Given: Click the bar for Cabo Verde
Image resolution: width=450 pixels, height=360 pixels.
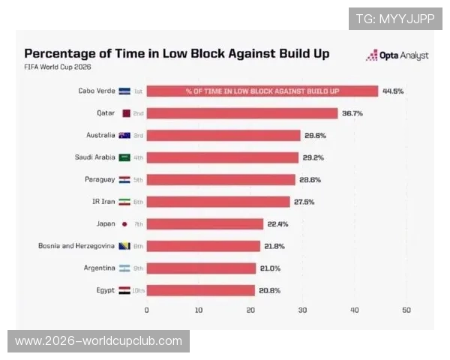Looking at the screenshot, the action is (262, 91).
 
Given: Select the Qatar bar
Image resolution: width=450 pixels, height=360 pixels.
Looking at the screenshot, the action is (242, 113).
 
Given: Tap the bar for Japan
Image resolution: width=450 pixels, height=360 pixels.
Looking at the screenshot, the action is (205, 224).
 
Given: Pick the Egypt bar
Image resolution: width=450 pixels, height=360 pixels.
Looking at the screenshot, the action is (200, 290).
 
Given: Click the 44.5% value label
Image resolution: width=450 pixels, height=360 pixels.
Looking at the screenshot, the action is (393, 91).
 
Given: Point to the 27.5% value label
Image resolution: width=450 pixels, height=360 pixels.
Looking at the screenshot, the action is (304, 202).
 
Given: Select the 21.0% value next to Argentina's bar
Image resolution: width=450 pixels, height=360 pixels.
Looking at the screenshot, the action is (270, 268).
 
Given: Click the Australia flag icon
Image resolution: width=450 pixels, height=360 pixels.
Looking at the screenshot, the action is (124, 136).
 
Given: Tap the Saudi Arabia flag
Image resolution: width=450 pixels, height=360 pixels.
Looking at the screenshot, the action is (124, 157).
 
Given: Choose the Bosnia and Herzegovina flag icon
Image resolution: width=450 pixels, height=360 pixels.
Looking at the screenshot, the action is (124, 246).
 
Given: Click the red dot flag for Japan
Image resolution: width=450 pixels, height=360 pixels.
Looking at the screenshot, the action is (124, 224).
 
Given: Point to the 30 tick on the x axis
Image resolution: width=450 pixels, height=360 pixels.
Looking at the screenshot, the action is (302, 310).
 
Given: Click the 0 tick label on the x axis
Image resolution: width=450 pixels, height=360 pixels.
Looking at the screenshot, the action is (147, 310).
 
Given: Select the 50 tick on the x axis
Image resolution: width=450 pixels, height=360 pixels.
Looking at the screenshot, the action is (406, 310).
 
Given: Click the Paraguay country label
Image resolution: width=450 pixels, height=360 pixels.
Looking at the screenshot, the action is (100, 180).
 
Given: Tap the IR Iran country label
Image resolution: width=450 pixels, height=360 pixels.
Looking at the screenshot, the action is (103, 202).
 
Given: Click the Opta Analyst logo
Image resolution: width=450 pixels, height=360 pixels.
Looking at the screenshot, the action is (397, 55).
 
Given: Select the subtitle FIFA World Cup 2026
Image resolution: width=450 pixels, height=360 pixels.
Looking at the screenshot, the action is (58, 67).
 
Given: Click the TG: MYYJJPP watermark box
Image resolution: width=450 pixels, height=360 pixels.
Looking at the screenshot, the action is (395, 19).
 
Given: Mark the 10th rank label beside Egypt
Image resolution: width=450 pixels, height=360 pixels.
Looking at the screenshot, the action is (138, 290).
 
